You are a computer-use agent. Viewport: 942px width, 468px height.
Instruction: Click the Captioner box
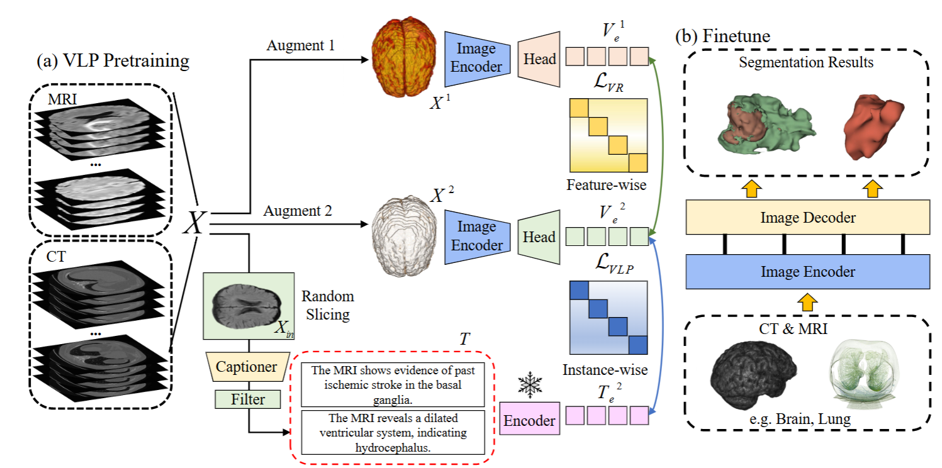pos(247,366)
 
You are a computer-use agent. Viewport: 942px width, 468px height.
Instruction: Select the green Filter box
pos(247,399)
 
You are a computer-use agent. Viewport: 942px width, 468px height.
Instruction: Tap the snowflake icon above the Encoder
pos(530,386)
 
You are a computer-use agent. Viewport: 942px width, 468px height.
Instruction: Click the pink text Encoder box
pos(530,420)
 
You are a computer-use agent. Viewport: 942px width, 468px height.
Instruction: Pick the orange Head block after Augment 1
pos(539,58)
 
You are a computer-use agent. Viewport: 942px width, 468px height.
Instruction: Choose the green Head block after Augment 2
pos(539,237)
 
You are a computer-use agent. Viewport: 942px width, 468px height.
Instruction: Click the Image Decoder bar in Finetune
pos(808,218)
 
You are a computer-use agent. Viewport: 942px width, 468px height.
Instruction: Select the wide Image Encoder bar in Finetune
pos(808,272)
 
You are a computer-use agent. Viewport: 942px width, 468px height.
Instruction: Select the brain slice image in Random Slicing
pos(248,305)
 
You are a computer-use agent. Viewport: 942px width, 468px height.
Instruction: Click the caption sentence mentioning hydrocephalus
pos(393,432)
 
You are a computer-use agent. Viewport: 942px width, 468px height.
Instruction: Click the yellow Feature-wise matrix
pos(608,135)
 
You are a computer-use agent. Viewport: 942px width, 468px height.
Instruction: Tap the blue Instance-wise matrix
pos(608,318)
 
